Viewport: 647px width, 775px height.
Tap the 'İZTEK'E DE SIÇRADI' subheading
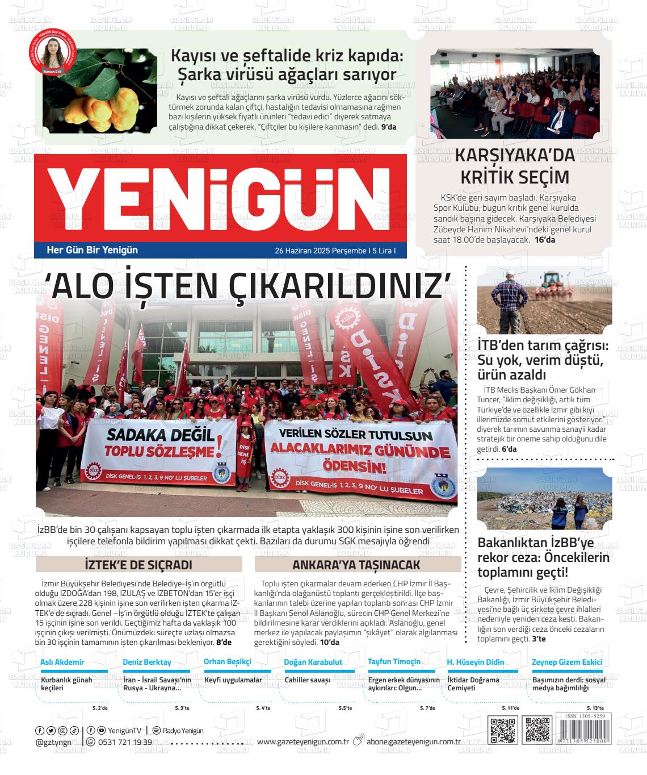pyautogui.click(x=138, y=565)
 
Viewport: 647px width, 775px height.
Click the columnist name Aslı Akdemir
pyautogui.click(x=62, y=662)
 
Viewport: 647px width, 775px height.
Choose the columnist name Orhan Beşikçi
pyautogui.click(x=227, y=662)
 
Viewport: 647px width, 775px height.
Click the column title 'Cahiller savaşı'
pyautogui.click(x=307, y=680)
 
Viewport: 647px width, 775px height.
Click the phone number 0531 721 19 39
pyautogui.click(x=125, y=742)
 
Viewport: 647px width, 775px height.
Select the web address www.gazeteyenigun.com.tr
pyautogui.click(x=303, y=741)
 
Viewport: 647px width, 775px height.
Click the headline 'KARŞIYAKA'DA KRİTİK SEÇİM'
pyautogui.click(x=515, y=166)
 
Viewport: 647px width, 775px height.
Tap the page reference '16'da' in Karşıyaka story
pyautogui.click(x=545, y=240)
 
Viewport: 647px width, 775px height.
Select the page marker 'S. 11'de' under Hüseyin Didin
pyautogui.click(x=510, y=708)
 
